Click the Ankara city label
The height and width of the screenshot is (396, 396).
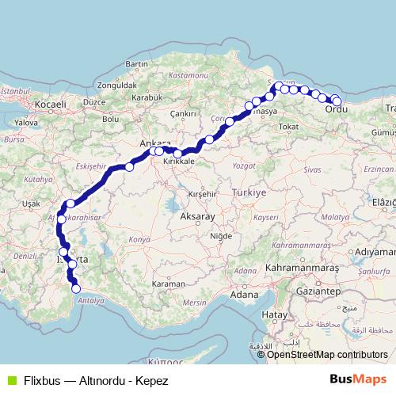click(x=150, y=143)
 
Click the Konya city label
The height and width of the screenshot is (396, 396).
click(x=139, y=238)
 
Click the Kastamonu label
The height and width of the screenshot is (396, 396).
click(x=186, y=74)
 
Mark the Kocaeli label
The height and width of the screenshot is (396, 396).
click(x=50, y=104)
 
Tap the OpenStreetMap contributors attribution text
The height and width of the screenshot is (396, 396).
click(x=328, y=355)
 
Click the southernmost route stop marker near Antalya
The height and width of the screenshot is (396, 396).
click(x=77, y=289)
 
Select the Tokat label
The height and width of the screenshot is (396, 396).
click(x=288, y=127)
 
